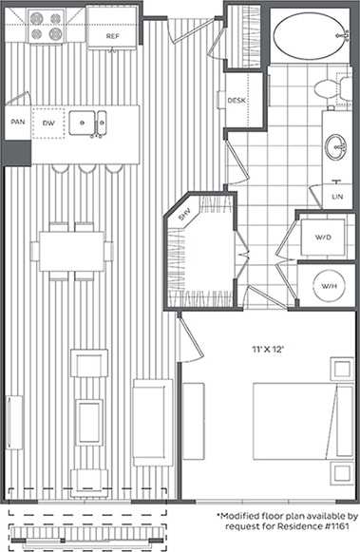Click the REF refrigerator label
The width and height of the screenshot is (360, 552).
[x=113, y=36]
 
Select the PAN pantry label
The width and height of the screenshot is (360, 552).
[x=17, y=122]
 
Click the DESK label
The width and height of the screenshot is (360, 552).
[x=237, y=100]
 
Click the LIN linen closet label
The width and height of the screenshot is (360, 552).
[x=336, y=197]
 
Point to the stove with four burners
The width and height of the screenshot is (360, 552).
[x=44, y=27]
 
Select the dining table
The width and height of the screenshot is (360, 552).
[x=71, y=251]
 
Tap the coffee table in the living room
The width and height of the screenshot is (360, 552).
[x=89, y=421]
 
